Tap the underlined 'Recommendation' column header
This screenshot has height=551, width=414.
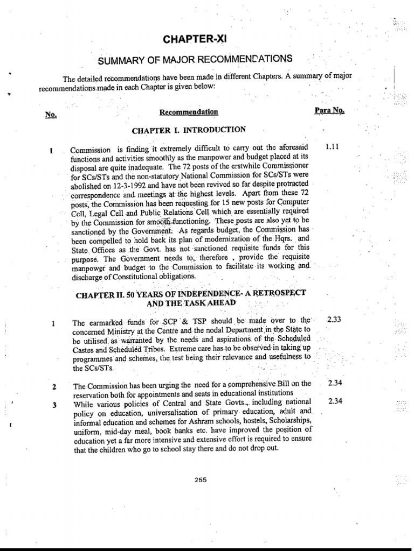(189, 112)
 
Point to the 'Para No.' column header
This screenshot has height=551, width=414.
(329, 110)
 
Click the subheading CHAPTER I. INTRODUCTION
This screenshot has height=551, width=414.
(189, 130)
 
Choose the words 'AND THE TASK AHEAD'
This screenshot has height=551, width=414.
(189, 303)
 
